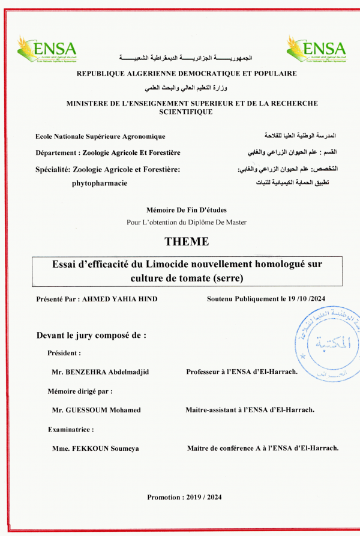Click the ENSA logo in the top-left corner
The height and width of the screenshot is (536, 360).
pyautogui.click(x=47, y=49)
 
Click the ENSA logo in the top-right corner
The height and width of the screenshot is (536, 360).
pyautogui.click(x=316, y=49)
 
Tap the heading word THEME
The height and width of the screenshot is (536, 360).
pyautogui.click(x=187, y=242)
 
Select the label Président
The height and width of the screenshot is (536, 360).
pyautogui.click(x=64, y=354)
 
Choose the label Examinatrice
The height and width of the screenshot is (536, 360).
pyautogui.click(x=71, y=430)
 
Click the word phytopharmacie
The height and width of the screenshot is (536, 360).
pyautogui.click(x=100, y=183)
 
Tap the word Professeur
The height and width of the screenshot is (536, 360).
pyautogui.click(x=208, y=372)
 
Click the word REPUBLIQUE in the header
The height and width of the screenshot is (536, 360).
pyautogui.click(x=102, y=73)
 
